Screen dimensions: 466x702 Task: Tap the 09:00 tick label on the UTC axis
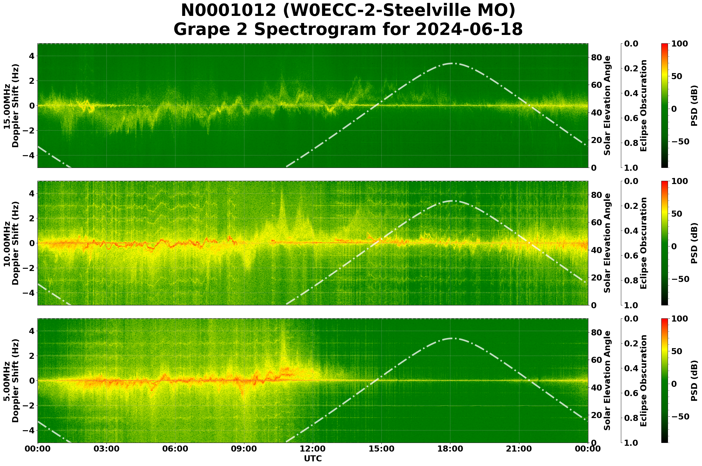(x=244, y=449)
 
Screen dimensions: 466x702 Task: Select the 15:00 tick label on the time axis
(x=381, y=449)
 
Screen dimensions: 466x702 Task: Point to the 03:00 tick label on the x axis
(x=106, y=449)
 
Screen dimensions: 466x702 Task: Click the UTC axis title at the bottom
(x=312, y=459)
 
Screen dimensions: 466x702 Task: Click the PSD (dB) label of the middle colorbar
(x=694, y=244)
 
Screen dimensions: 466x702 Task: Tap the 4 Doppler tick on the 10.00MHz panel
(x=31, y=194)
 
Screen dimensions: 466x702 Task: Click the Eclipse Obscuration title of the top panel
(x=643, y=106)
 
